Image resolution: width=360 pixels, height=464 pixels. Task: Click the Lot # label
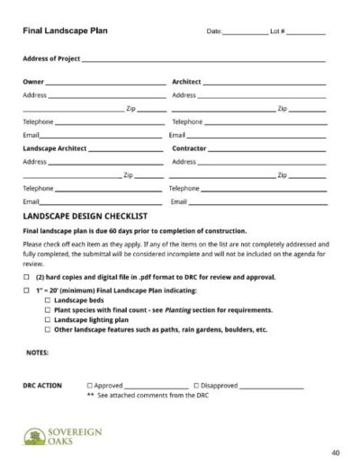click(277, 31)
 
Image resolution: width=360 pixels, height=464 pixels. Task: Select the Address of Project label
click(51, 59)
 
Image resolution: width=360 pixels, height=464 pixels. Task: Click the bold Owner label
click(32, 82)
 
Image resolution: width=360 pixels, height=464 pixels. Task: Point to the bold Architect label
click(186, 82)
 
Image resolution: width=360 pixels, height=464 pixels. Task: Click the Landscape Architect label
click(55, 148)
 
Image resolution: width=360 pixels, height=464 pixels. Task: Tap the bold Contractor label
click(190, 148)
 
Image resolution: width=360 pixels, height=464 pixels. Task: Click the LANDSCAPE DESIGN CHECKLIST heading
click(85, 217)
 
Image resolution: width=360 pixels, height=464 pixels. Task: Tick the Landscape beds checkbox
click(48, 300)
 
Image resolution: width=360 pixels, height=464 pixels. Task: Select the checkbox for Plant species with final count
click(48, 310)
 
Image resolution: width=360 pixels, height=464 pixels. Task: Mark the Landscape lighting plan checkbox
click(48, 320)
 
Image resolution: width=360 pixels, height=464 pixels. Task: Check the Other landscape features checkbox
click(48, 330)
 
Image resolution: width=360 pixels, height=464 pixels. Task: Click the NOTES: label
click(37, 352)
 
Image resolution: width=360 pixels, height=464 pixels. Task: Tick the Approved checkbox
click(89, 385)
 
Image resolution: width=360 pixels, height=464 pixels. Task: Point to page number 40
click(335, 451)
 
